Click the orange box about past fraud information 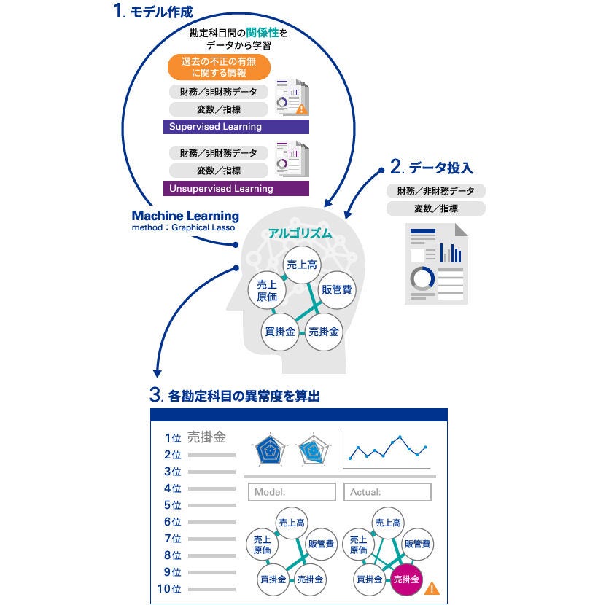[x=219, y=67]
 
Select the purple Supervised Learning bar [x=236, y=127]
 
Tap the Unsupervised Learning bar [x=236, y=189]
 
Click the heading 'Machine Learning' [x=185, y=216]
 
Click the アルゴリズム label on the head [x=300, y=233]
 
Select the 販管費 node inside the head [x=337, y=289]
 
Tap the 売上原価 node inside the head [x=266, y=290]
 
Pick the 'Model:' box [x=292, y=492]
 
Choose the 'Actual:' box [x=387, y=492]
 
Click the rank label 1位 [x=173, y=438]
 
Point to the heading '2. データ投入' [x=432, y=168]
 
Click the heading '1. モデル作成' [x=152, y=12]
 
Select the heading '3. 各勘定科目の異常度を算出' [x=235, y=397]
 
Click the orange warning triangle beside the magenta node [x=432, y=587]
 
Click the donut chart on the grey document [x=421, y=277]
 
